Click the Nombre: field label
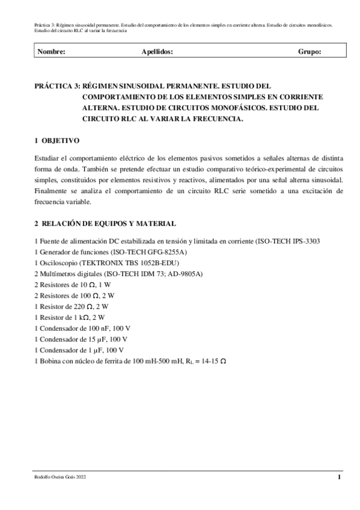click(51, 52)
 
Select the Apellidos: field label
click(157, 52)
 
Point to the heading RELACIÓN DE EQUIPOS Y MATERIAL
click(108, 224)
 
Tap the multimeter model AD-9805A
click(185, 274)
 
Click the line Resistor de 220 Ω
click(75, 306)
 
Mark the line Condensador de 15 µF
click(78, 339)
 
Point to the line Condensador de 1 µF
click(76, 349)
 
